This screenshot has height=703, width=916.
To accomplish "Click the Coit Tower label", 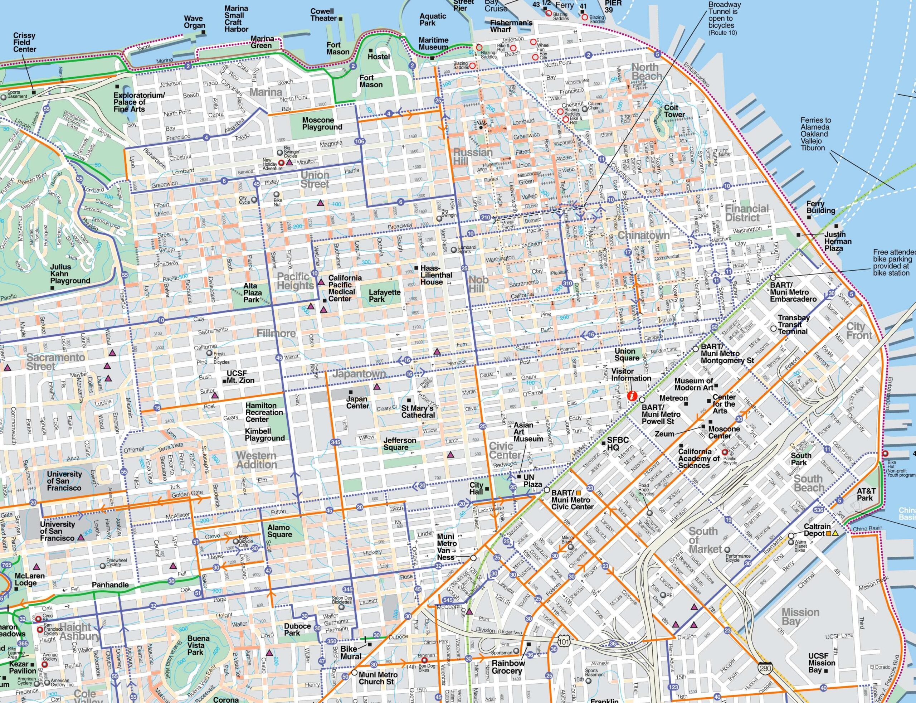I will coord(674,111).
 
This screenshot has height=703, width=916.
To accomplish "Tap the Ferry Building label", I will coord(820,207).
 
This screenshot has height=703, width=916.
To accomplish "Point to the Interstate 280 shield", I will coord(765,668).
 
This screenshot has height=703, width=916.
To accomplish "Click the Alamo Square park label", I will coord(279,531).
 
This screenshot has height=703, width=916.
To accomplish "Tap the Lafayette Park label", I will coord(384,295).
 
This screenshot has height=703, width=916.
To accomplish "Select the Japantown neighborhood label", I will coord(359,373).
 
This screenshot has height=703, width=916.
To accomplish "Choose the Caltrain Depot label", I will coord(817,530).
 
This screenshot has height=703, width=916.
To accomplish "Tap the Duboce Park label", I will coord(297,629).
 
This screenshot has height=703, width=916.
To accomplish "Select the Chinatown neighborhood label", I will coord(643,235).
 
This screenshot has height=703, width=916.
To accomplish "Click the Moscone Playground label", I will coord(322,123).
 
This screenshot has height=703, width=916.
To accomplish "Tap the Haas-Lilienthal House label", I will coord(436,275).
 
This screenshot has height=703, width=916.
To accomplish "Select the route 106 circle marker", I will coord(359,141).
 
